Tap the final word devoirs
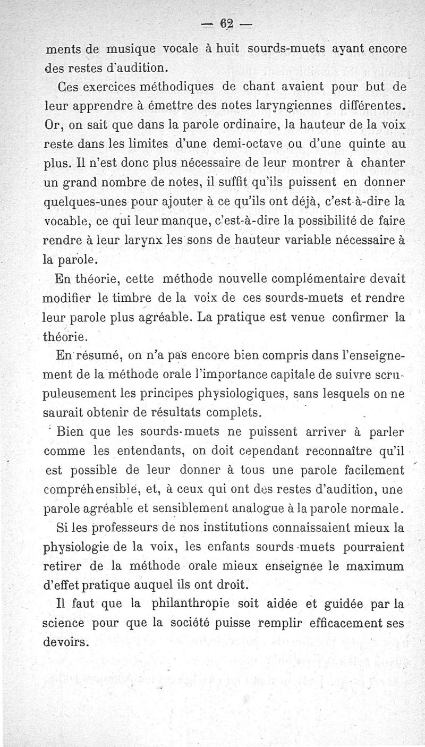point(65,641)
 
